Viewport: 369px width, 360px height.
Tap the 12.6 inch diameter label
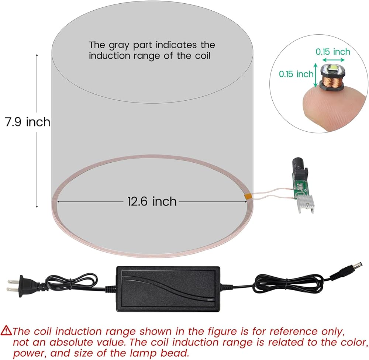152,201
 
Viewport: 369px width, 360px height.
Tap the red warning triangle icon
7,330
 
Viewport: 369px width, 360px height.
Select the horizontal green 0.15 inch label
332,52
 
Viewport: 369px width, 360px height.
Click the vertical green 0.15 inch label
296,74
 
